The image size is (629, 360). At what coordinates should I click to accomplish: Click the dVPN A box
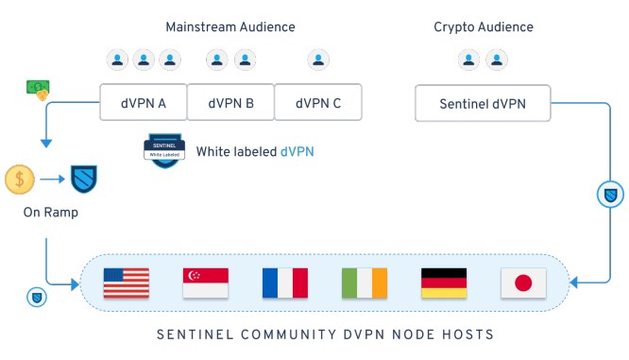(x=143, y=103)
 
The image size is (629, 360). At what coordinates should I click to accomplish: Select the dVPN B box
(x=230, y=103)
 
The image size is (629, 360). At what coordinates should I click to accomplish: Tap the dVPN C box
(x=318, y=103)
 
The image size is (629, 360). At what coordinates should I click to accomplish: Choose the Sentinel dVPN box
(x=484, y=103)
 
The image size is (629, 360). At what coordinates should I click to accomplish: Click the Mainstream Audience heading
(x=230, y=26)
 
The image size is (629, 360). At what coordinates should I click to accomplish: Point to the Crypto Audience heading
(x=483, y=26)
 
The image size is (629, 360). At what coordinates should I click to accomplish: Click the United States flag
(x=127, y=283)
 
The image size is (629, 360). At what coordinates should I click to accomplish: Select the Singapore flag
(x=206, y=283)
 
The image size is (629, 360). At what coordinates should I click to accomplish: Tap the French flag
(x=285, y=283)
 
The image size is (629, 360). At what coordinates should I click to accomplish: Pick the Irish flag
(x=365, y=283)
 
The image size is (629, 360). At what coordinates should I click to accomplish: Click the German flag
(x=444, y=283)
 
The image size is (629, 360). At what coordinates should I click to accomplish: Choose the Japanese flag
(x=523, y=283)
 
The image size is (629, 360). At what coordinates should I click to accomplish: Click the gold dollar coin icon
(x=20, y=178)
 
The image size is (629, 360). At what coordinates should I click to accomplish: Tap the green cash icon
(x=39, y=87)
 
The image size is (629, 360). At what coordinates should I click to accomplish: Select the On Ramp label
(x=50, y=214)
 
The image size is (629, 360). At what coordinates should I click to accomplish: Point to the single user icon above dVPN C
(x=318, y=60)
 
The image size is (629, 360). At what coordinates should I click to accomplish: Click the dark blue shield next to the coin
(x=85, y=178)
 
